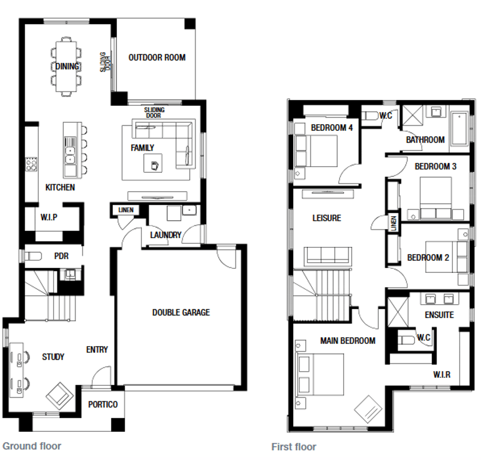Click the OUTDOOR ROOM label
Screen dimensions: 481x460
[157, 57]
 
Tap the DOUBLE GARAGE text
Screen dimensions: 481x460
[181, 312]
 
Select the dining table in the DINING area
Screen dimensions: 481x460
[66, 66]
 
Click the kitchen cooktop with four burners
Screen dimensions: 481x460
[31, 164]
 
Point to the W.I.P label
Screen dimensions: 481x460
[49, 217]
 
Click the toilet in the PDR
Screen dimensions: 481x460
[33, 256]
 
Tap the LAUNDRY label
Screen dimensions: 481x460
[165, 235]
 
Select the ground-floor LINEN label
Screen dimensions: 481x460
[126, 210]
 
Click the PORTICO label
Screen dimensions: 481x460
[103, 404]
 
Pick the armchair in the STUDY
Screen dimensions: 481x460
[60, 396]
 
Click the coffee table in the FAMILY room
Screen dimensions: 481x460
[153, 163]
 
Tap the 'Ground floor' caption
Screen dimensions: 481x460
[32, 446]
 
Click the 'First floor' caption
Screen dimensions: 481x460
[294, 447]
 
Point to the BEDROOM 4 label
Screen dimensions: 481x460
[332, 127]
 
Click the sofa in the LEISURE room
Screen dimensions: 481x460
[328, 256]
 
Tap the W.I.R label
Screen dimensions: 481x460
[442, 374]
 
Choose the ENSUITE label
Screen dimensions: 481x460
[439, 315]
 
